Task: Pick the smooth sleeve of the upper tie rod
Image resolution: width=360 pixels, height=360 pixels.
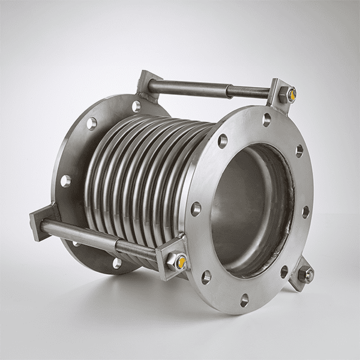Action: pyautogui.click(x=186, y=86)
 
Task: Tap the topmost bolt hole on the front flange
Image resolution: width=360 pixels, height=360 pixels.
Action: pyautogui.click(x=266, y=120)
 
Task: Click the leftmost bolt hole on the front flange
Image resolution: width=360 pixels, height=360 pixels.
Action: pyautogui.click(x=196, y=209)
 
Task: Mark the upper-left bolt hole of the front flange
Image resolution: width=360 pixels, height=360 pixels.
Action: pyautogui.click(x=223, y=141)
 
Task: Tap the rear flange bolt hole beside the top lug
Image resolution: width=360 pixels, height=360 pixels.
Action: pyautogui.click(x=136, y=106)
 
